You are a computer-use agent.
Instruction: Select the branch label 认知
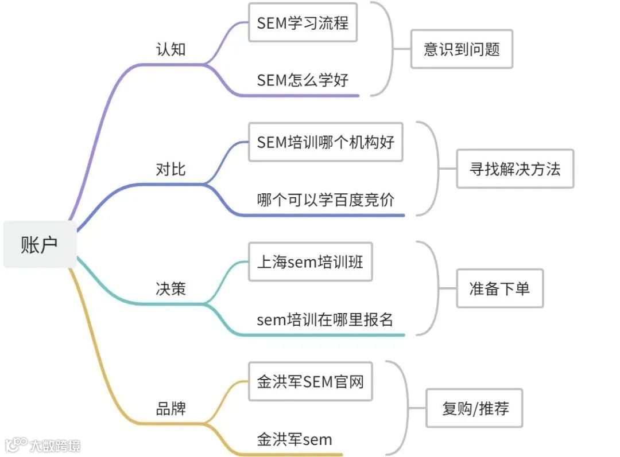(x=170, y=49)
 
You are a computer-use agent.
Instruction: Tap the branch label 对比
(x=170, y=170)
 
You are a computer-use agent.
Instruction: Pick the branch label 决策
(x=170, y=288)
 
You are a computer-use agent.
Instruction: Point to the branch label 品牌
(x=170, y=409)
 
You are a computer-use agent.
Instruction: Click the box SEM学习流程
(x=303, y=23)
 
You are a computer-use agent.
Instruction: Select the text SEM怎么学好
(x=303, y=80)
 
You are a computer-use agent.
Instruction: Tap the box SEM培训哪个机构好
(x=325, y=142)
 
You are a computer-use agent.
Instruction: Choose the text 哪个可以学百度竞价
(x=325, y=200)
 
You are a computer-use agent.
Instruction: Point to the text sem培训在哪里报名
(x=325, y=319)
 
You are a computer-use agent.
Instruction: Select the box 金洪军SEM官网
(x=310, y=381)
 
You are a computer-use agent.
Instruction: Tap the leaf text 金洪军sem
(x=294, y=440)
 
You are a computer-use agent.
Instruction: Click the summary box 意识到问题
(x=462, y=49)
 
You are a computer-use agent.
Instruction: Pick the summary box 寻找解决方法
(x=515, y=169)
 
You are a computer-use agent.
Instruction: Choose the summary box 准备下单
(x=499, y=288)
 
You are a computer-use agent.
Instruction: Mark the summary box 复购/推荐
(x=474, y=408)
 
